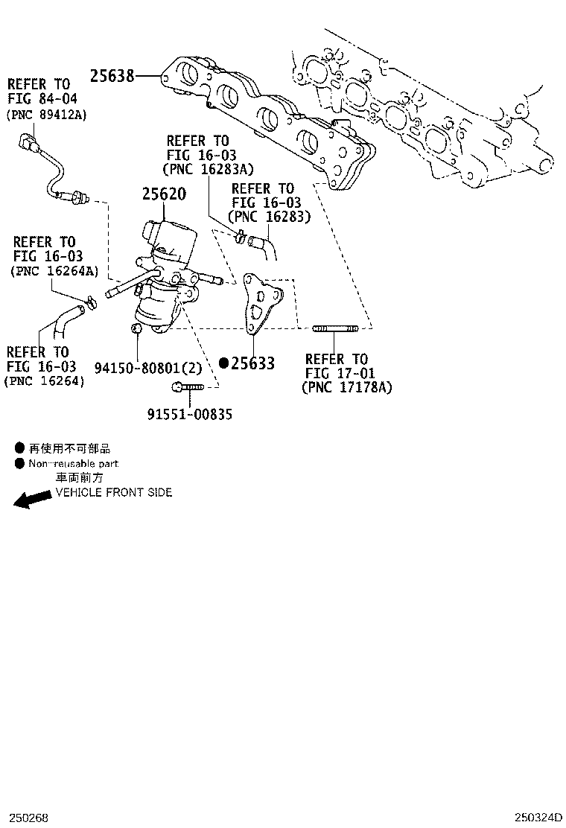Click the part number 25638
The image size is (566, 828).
pos(112,76)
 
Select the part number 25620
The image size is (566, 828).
pos(164,194)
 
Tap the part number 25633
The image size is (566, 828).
pos(253,363)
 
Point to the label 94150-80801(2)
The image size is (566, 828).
pos(148,368)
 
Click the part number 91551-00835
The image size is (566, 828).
pos(190,414)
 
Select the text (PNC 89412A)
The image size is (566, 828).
pos(46,115)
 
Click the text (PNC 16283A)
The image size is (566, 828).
pos(208,169)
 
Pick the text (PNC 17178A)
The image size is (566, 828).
pos(347,387)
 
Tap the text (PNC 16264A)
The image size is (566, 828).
pos(54,271)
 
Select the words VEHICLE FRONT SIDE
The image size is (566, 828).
pos(114,493)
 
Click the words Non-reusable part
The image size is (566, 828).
pos(74,464)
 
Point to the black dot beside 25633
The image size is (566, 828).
pos(224,363)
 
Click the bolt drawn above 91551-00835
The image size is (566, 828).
pos(188,388)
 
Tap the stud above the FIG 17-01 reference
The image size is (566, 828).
pos(335,328)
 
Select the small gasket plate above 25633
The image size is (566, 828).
pos(261,303)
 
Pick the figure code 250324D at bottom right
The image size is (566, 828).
pos(539,818)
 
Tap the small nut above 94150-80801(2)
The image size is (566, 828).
pos(136,328)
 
